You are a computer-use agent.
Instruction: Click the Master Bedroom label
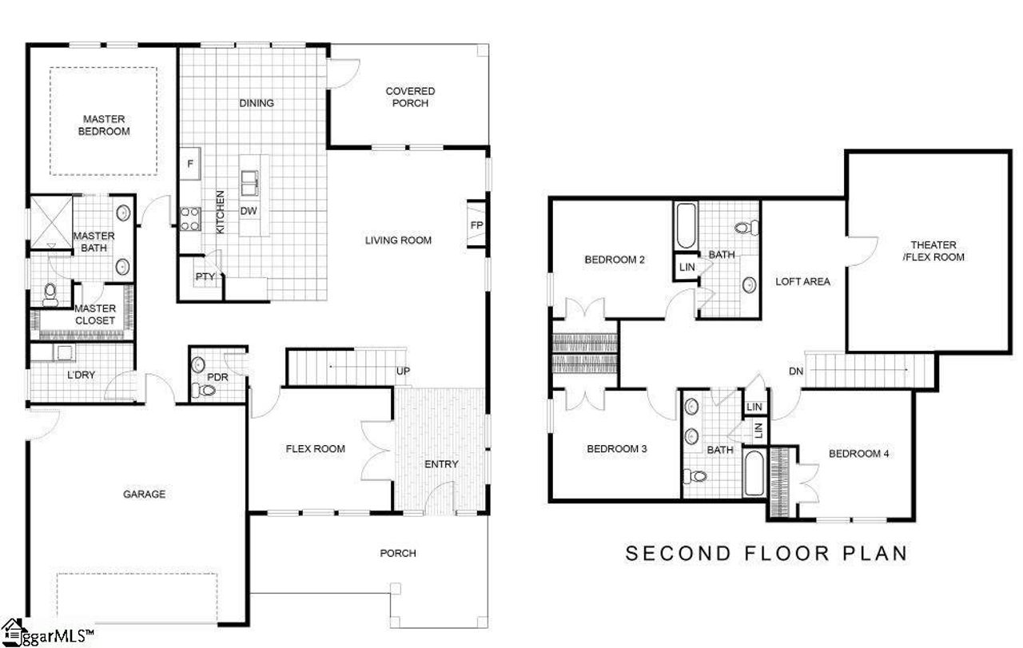(104, 125)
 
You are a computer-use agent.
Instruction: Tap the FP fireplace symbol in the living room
(476, 225)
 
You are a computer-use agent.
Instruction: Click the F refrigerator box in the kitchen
(189, 164)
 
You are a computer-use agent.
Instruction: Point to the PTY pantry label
(204, 276)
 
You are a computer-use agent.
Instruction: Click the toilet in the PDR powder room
(206, 391)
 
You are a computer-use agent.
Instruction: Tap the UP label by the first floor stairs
(404, 372)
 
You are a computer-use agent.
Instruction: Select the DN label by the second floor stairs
(795, 371)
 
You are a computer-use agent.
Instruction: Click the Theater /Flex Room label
(937, 251)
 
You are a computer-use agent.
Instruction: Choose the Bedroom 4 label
(858, 454)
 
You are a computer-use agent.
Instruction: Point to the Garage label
(144, 494)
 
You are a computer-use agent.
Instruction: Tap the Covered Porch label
(410, 97)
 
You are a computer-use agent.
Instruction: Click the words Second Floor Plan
(766, 553)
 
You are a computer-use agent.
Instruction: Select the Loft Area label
(802, 281)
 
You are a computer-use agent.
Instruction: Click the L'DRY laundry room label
(81, 373)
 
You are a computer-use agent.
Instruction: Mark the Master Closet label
(94, 314)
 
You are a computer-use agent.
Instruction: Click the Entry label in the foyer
(441, 464)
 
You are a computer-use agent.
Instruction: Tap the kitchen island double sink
(250, 183)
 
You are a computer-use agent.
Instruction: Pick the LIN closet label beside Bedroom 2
(687, 268)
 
